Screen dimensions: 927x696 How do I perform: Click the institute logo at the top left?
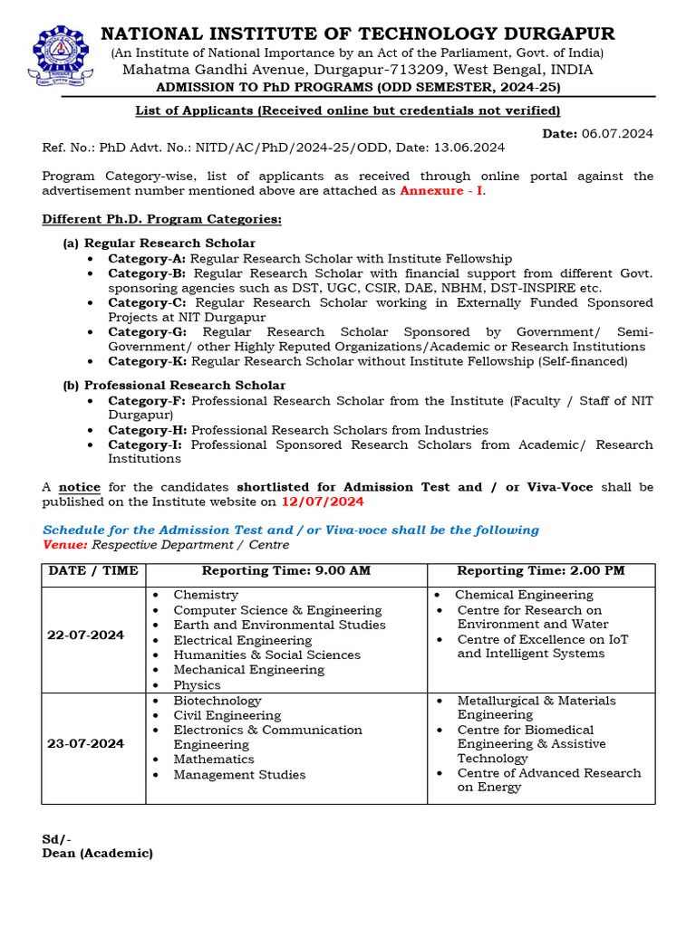tap(62, 54)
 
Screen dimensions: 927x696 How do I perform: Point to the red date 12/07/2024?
tap(323, 502)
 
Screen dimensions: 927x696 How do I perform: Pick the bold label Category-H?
tap(148, 430)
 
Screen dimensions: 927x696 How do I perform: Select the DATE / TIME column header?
tap(93, 571)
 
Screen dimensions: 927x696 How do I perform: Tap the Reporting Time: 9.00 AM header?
tap(286, 571)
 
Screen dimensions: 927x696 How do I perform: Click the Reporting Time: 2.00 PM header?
tap(541, 571)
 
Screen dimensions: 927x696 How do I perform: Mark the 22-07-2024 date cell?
tap(85, 636)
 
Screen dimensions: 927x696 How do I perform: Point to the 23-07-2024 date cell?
tap(85, 743)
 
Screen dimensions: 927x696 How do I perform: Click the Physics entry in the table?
tap(197, 685)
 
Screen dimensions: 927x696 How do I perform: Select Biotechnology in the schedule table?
tap(217, 701)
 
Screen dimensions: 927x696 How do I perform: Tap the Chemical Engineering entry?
tap(524, 595)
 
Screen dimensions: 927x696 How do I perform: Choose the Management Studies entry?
tap(239, 775)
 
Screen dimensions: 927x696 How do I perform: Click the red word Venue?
tap(65, 545)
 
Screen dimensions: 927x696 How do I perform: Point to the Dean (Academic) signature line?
tap(98, 853)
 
